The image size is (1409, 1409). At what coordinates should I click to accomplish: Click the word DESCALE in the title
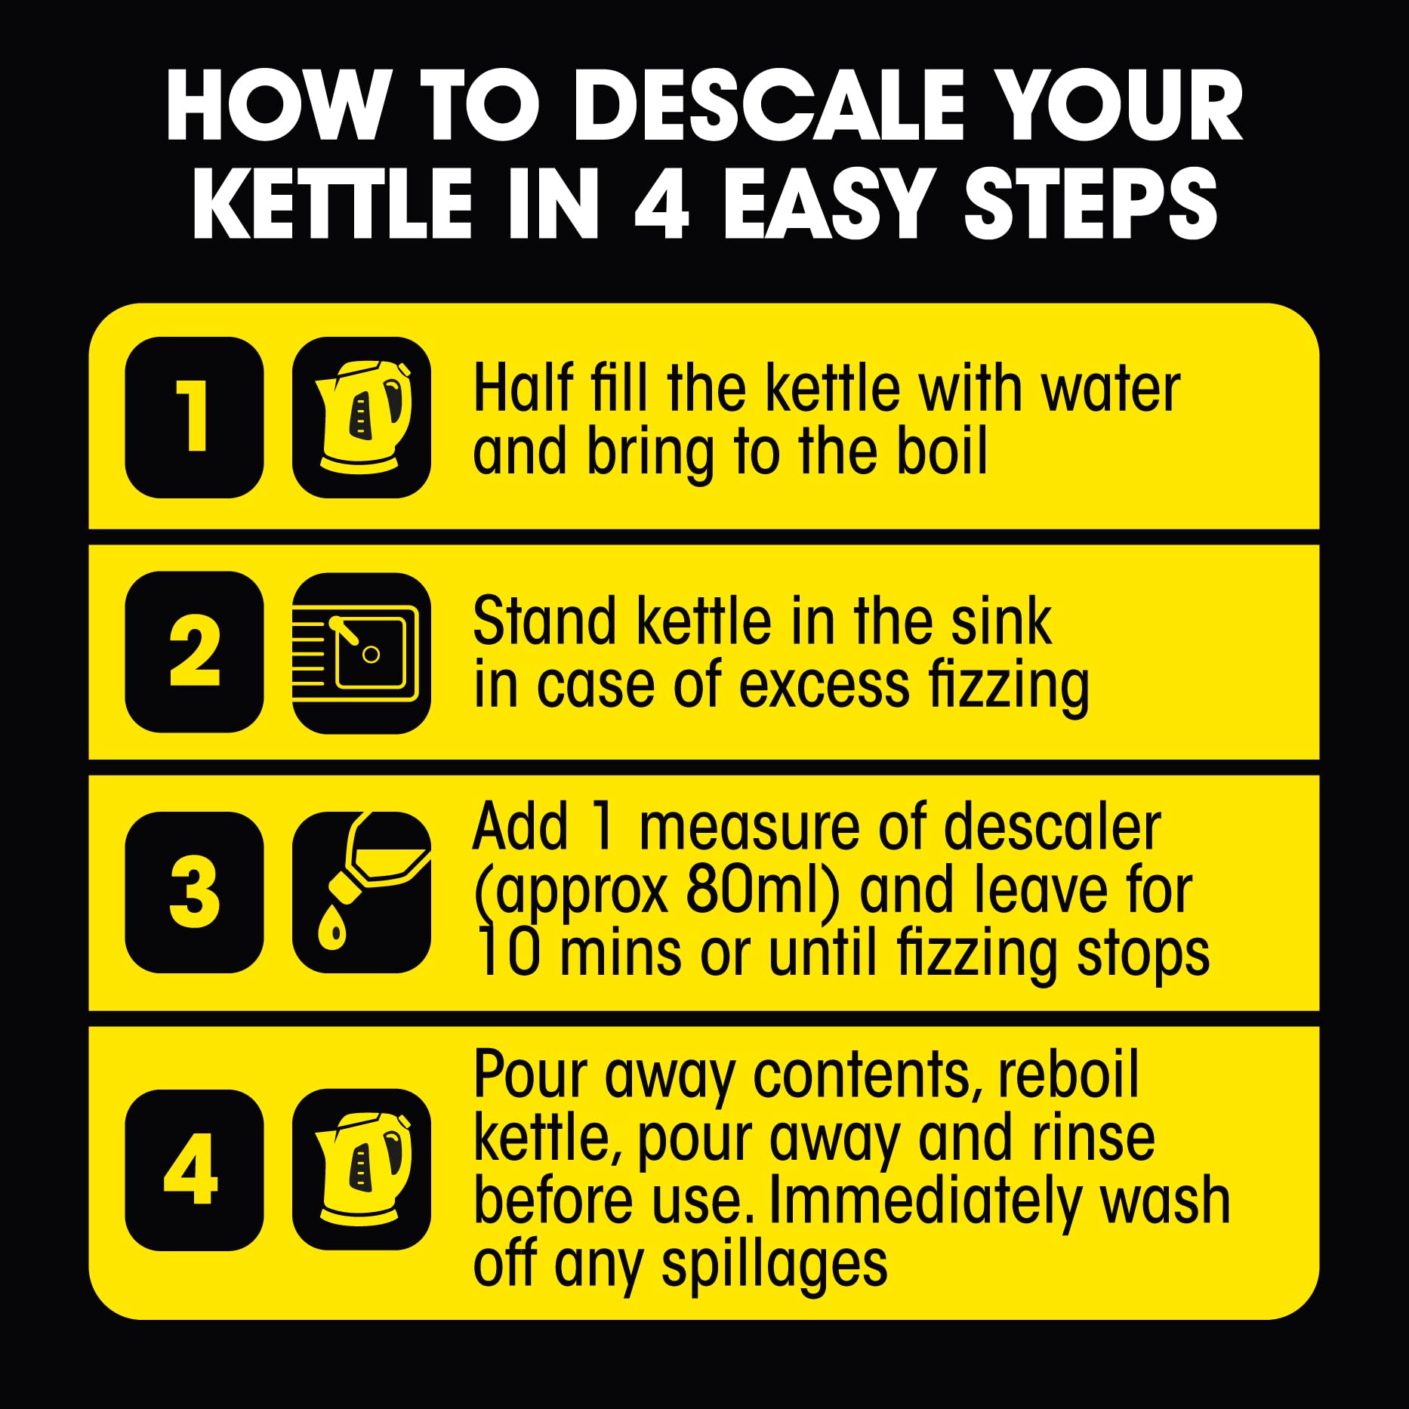(x=769, y=106)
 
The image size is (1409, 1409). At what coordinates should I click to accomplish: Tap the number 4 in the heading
(x=661, y=204)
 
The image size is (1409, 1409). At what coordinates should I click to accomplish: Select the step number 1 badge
(x=194, y=417)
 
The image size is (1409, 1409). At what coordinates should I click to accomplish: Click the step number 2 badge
(x=194, y=652)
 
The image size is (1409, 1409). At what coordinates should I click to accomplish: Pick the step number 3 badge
(x=194, y=892)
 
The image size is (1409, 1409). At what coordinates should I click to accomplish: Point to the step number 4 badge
(x=194, y=1170)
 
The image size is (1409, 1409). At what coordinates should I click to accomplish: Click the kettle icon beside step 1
(x=362, y=417)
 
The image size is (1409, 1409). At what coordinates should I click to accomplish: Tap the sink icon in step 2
(x=362, y=653)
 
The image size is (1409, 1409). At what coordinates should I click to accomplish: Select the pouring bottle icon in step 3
(x=362, y=892)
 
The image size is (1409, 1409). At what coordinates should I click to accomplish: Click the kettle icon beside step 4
(x=362, y=1169)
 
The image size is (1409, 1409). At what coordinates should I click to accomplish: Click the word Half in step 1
(x=523, y=388)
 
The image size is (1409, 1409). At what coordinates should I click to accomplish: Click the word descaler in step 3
(x=1052, y=828)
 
